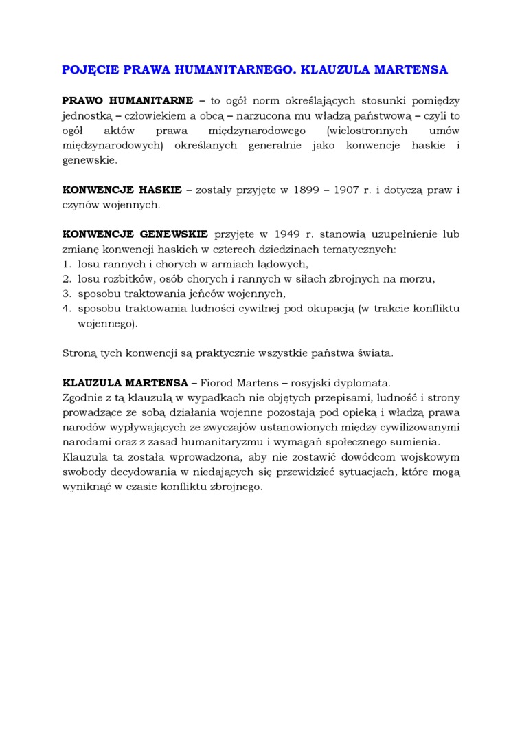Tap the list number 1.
[x=67, y=264]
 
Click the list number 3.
[x=67, y=294]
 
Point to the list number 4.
[x=67, y=309]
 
